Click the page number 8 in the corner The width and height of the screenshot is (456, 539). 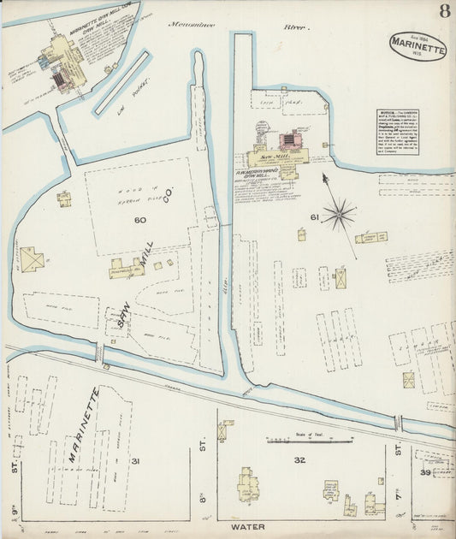pos(445,10)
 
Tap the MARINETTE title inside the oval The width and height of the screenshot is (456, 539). pos(418,49)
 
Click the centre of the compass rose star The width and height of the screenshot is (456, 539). pos(340,214)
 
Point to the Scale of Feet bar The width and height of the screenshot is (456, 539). pos(309,441)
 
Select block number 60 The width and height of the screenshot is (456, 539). pos(140,220)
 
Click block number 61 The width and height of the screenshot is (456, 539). pos(314,217)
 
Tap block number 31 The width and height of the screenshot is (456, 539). pos(134,461)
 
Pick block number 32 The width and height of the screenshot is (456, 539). pos(299,460)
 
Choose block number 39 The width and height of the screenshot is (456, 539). pos(425,472)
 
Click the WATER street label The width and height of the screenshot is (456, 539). pos(247,527)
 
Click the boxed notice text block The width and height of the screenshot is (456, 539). pos(398,132)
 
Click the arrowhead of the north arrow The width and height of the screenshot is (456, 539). pos(324,176)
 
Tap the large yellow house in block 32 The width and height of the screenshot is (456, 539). pos(248,485)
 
